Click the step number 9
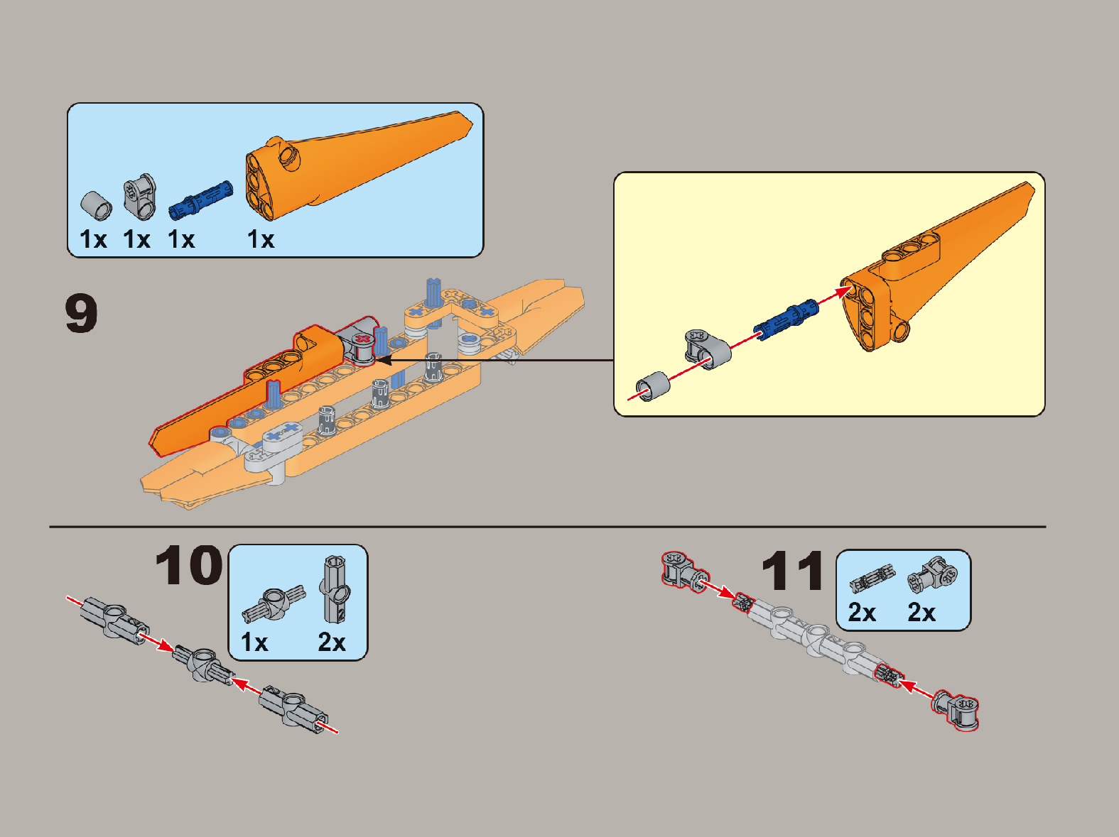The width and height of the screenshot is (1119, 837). pyautogui.click(x=82, y=313)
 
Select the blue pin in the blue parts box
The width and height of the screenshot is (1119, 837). pyautogui.click(x=201, y=200)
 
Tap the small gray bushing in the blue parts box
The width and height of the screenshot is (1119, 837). pyautogui.click(x=97, y=206)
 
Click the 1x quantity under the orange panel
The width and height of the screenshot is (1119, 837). pyautogui.click(x=261, y=239)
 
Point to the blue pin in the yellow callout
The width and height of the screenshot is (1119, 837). pyautogui.click(x=786, y=320)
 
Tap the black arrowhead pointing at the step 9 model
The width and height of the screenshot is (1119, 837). pyautogui.click(x=384, y=360)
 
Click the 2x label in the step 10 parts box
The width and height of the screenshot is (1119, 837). pyautogui.click(x=331, y=642)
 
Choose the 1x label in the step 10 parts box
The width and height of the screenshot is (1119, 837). pyautogui.click(x=254, y=642)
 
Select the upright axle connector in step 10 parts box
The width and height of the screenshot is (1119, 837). pyautogui.click(x=335, y=589)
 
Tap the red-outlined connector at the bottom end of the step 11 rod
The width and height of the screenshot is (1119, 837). pyautogui.click(x=956, y=710)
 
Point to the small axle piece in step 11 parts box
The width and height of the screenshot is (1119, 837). pyautogui.click(x=872, y=578)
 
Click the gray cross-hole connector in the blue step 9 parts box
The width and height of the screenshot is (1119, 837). pyautogui.click(x=139, y=197)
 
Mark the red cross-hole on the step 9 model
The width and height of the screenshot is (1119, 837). pyautogui.click(x=362, y=339)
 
